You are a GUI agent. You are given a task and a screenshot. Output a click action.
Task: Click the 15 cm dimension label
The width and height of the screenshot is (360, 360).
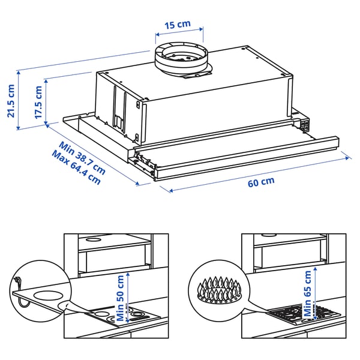pyautogui.click(x=177, y=25)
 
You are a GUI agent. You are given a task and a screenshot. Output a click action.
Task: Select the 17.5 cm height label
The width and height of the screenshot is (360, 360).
pyautogui.click(x=38, y=103)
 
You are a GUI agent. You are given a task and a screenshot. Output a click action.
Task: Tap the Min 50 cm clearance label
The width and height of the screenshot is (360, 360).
pyautogui.click(x=121, y=298)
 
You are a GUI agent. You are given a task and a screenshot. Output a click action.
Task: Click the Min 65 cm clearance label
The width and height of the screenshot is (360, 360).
pyautogui.click(x=308, y=294)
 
